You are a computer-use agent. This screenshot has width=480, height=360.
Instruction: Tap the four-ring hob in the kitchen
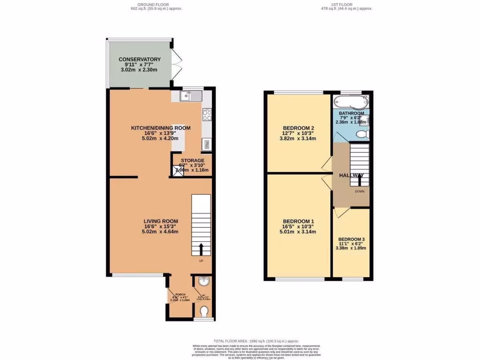(x=207, y=114)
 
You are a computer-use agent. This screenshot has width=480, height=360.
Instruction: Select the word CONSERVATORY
(x=139, y=59)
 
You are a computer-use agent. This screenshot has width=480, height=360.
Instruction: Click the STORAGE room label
(x=193, y=160)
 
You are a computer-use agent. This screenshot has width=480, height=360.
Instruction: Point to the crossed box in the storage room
(x=179, y=171)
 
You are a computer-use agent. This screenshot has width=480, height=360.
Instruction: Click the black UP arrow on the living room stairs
(x=202, y=248)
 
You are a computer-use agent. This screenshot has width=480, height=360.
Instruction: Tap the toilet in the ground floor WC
(x=203, y=312)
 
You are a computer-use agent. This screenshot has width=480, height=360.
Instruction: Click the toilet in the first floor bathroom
(x=361, y=135)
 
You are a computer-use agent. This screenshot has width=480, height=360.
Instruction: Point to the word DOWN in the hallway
(x=360, y=191)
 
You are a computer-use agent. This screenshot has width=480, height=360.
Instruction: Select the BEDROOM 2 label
(x=298, y=128)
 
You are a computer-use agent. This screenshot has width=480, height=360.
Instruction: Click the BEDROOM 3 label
(x=351, y=239)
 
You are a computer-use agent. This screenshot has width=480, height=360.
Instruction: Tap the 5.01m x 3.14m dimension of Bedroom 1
(x=298, y=232)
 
